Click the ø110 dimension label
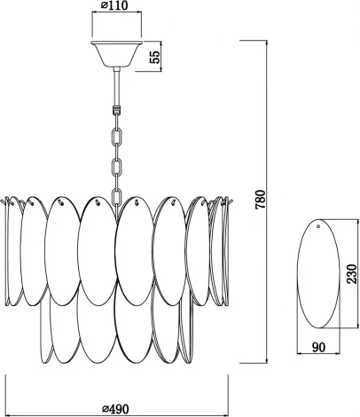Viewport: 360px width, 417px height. [x=115, y=5]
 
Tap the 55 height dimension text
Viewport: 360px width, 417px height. [x=155, y=57]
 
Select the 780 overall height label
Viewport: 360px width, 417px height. [x=261, y=200]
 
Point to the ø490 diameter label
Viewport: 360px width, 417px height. [x=115, y=409]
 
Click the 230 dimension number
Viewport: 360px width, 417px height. [x=352, y=273]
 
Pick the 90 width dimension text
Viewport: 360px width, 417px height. [x=318, y=347]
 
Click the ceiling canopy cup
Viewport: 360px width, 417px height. [x=117, y=54]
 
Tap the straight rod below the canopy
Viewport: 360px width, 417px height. [x=117, y=87]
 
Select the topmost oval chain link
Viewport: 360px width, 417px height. [x=117, y=136]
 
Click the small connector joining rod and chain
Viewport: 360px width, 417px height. [x=117, y=110]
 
